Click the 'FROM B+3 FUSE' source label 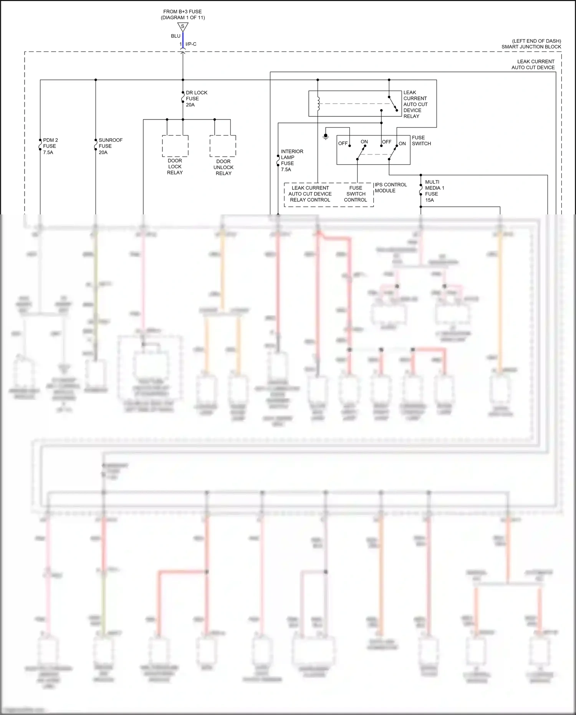coord(182,12)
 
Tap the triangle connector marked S coord(183,27)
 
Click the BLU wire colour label coord(175,36)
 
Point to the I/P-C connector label coord(191,44)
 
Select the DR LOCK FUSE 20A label coord(196,99)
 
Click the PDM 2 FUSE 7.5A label coord(50,146)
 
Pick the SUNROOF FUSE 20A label coord(110,146)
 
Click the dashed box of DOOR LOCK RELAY coord(175,146)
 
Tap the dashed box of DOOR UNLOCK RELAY coord(223,146)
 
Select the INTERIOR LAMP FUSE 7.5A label coord(291,160)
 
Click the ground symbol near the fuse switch coord(326,136)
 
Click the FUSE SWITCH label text coord(421,141)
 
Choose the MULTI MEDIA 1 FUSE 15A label coord(434,191)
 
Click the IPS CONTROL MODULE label coord(390,187)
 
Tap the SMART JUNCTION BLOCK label coord(531,47)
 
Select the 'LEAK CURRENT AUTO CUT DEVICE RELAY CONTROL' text coord(310,194)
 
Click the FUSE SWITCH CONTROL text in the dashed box coord(356,194)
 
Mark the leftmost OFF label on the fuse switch coord(343,143)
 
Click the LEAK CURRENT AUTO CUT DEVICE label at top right coord(533,65)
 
